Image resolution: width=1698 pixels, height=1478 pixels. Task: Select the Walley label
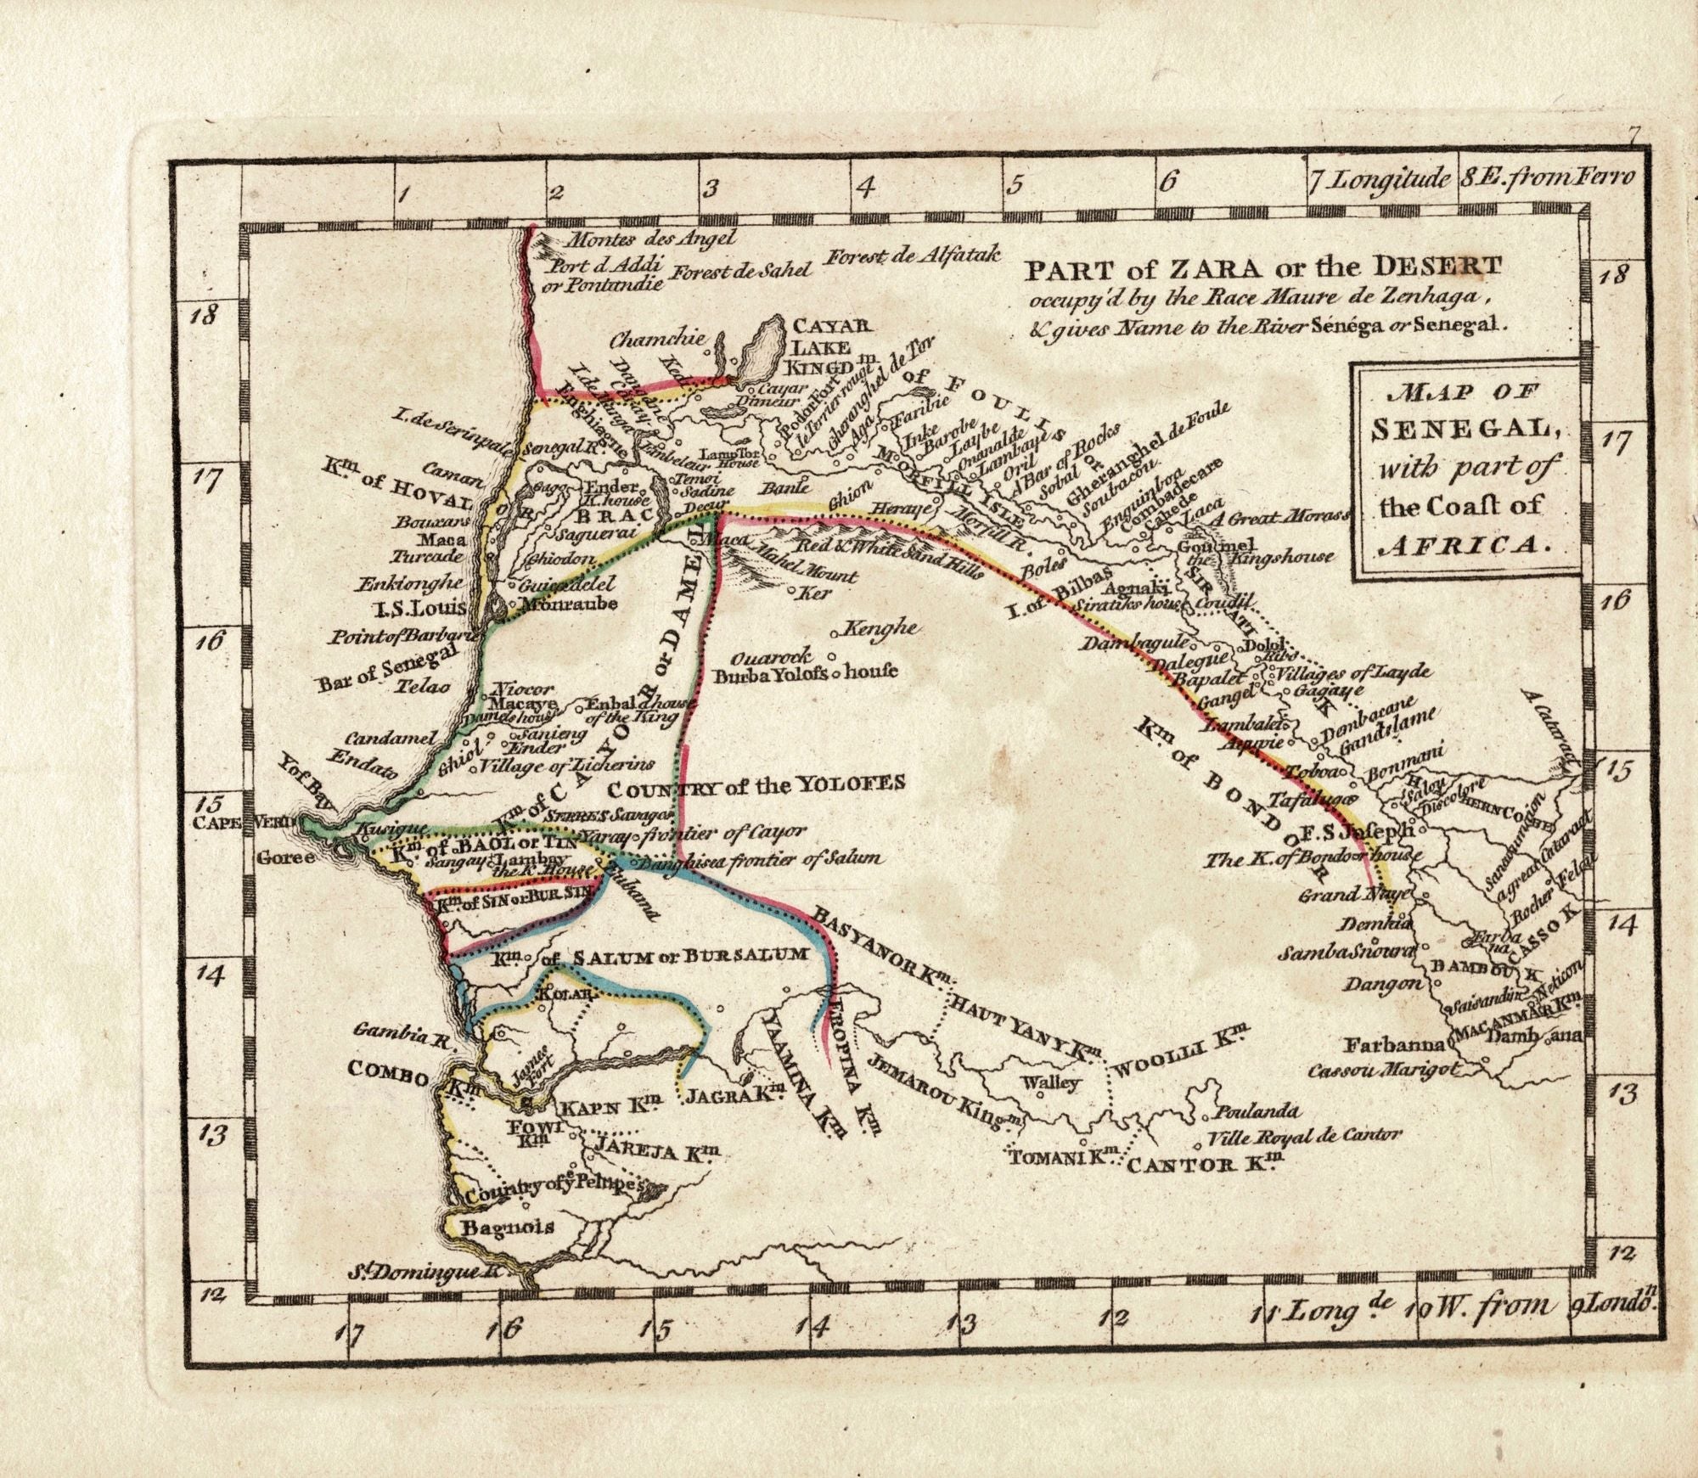tap(1050, 1082)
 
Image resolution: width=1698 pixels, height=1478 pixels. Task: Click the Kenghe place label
tap(885, 628)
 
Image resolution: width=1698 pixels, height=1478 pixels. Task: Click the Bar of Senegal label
tap(387, 666)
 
